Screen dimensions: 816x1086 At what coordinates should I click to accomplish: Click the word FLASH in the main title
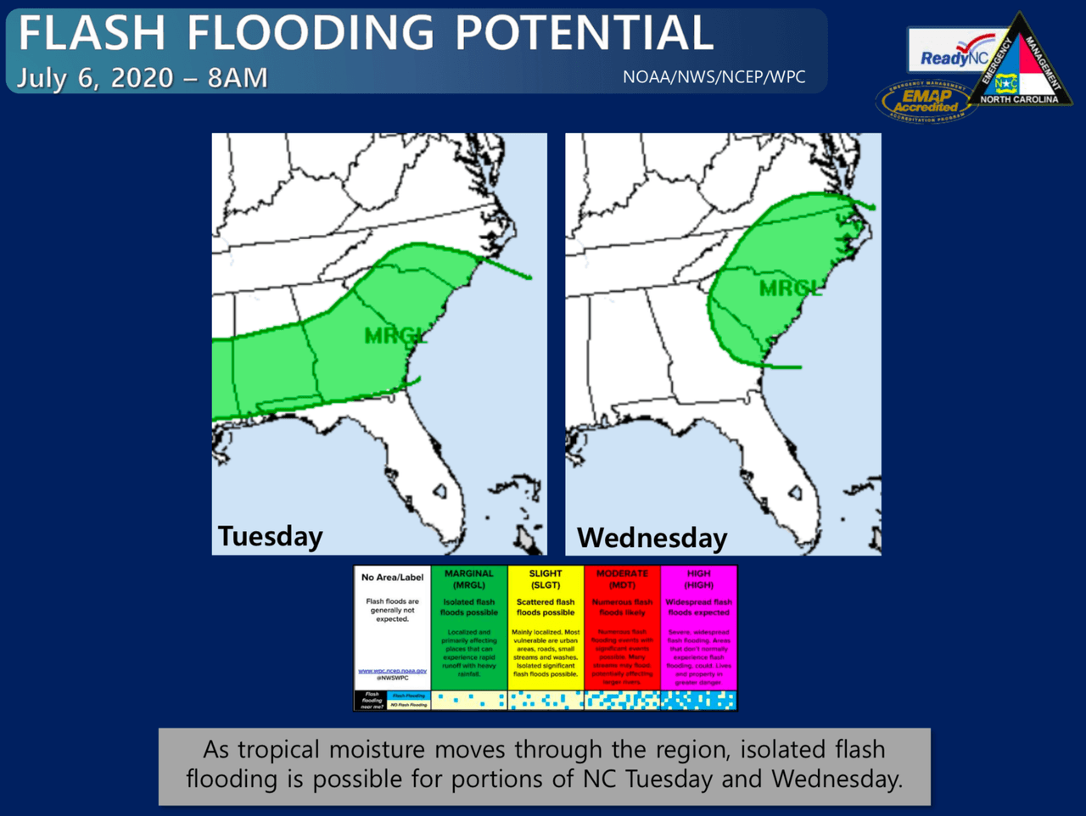coord(92,33)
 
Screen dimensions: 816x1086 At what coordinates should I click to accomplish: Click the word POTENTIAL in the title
coord(584,33)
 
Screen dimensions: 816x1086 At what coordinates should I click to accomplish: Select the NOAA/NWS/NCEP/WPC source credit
coord(714,77)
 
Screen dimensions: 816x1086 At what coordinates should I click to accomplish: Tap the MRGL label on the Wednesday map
coord(790,288)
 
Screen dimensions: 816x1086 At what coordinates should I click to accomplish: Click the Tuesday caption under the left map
coord(271,536)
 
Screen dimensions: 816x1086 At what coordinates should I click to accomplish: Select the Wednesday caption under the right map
coord(652,538)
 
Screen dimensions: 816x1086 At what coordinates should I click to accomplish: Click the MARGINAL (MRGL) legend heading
coord(468,579)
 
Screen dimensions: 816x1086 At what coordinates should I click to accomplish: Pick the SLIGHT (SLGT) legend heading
coord(546,579)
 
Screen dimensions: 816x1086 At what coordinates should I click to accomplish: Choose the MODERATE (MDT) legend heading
coord(622,579)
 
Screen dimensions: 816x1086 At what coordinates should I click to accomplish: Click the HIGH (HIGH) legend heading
coord(698,579)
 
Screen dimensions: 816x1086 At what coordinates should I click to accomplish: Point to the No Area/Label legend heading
coord(392,578)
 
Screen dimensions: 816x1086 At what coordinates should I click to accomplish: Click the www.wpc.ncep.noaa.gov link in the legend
coord(392,670)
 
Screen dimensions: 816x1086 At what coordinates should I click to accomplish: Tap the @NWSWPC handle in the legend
coord(392,678)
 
